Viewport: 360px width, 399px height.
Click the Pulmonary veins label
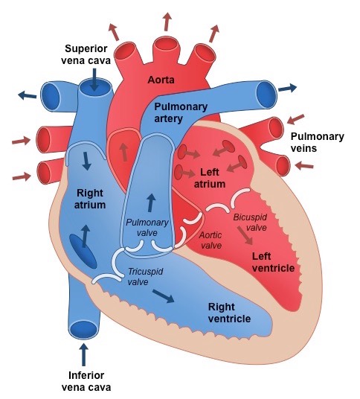point(317,142)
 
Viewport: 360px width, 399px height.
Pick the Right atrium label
point(90,198)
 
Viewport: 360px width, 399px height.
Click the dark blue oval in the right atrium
point(83,252)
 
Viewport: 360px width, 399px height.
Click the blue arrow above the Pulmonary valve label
point(152,202)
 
